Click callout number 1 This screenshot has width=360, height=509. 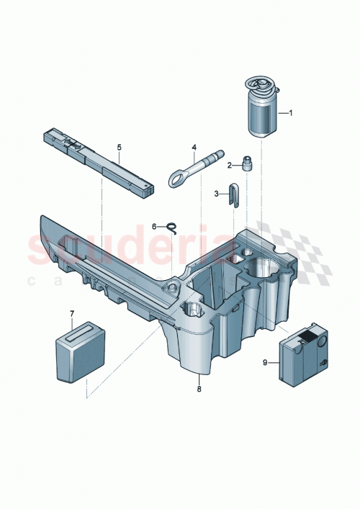(291, 113)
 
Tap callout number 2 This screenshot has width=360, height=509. (230, 165)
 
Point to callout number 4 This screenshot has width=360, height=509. (194, 148)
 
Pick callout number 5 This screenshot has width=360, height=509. (120, 148)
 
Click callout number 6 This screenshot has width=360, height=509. (154, 226)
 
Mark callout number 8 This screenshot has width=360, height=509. (199, 388)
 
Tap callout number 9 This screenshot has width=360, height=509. (266, 363)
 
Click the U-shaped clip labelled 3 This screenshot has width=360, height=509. (232, 194)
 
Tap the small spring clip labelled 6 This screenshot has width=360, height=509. (172, 228)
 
